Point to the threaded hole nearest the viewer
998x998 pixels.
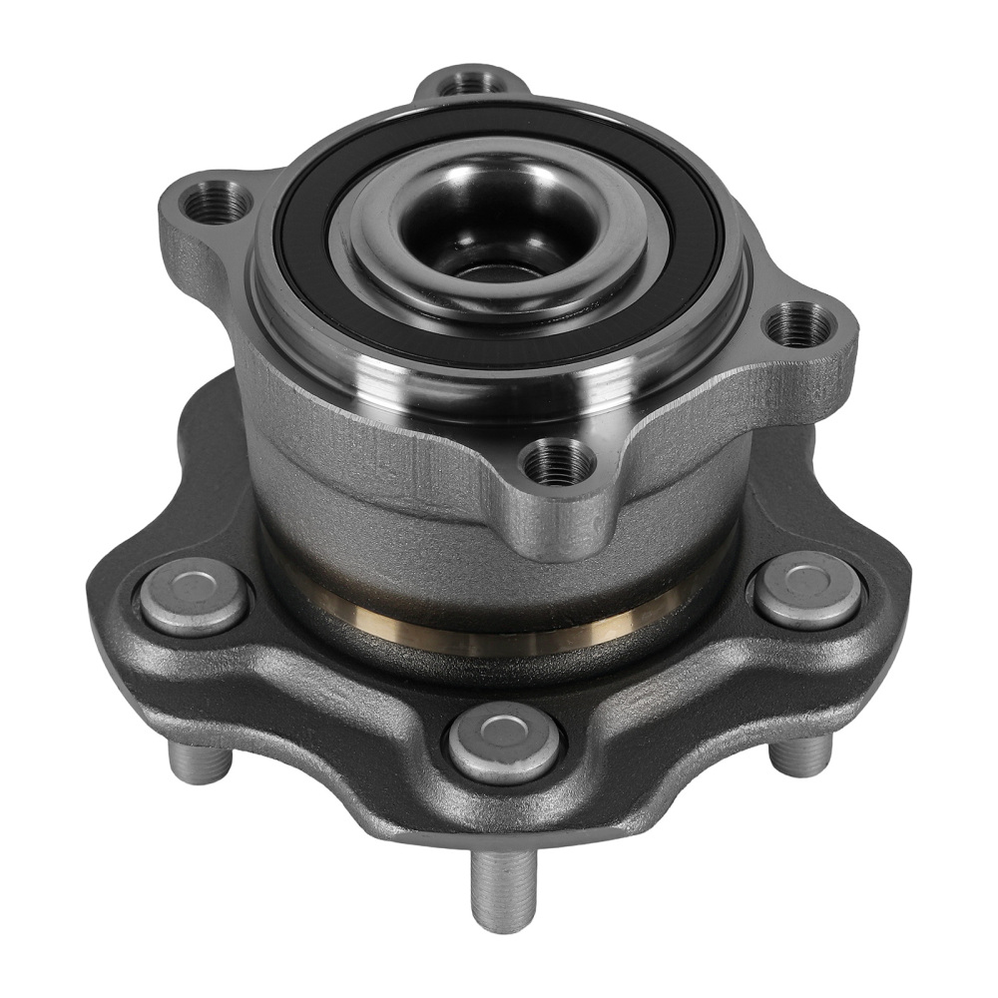pyautogui.click(x=559, y=460)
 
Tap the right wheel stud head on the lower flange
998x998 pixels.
pyautogui.click(x=807, y=589)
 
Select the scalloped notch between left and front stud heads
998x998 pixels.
pyautogui.click(x=329, y=689)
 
